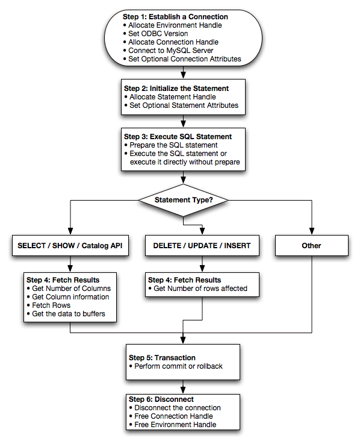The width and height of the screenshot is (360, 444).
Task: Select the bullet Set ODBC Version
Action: tap(158, 34)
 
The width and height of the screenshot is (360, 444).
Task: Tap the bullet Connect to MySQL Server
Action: tap(171, 51)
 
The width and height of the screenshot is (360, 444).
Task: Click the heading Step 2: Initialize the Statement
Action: tap(176, 88)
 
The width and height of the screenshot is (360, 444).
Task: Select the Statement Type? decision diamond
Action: tap(182, 199)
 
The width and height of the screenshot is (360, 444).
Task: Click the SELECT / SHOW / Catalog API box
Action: tap(71, 245)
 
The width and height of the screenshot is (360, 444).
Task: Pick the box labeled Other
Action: tap(312, 245)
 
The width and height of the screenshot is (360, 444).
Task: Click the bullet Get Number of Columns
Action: tap(71, 289)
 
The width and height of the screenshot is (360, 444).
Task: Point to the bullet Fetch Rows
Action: tap(52, 305)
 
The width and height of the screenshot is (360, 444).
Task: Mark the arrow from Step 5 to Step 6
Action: tap(182, 387)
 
